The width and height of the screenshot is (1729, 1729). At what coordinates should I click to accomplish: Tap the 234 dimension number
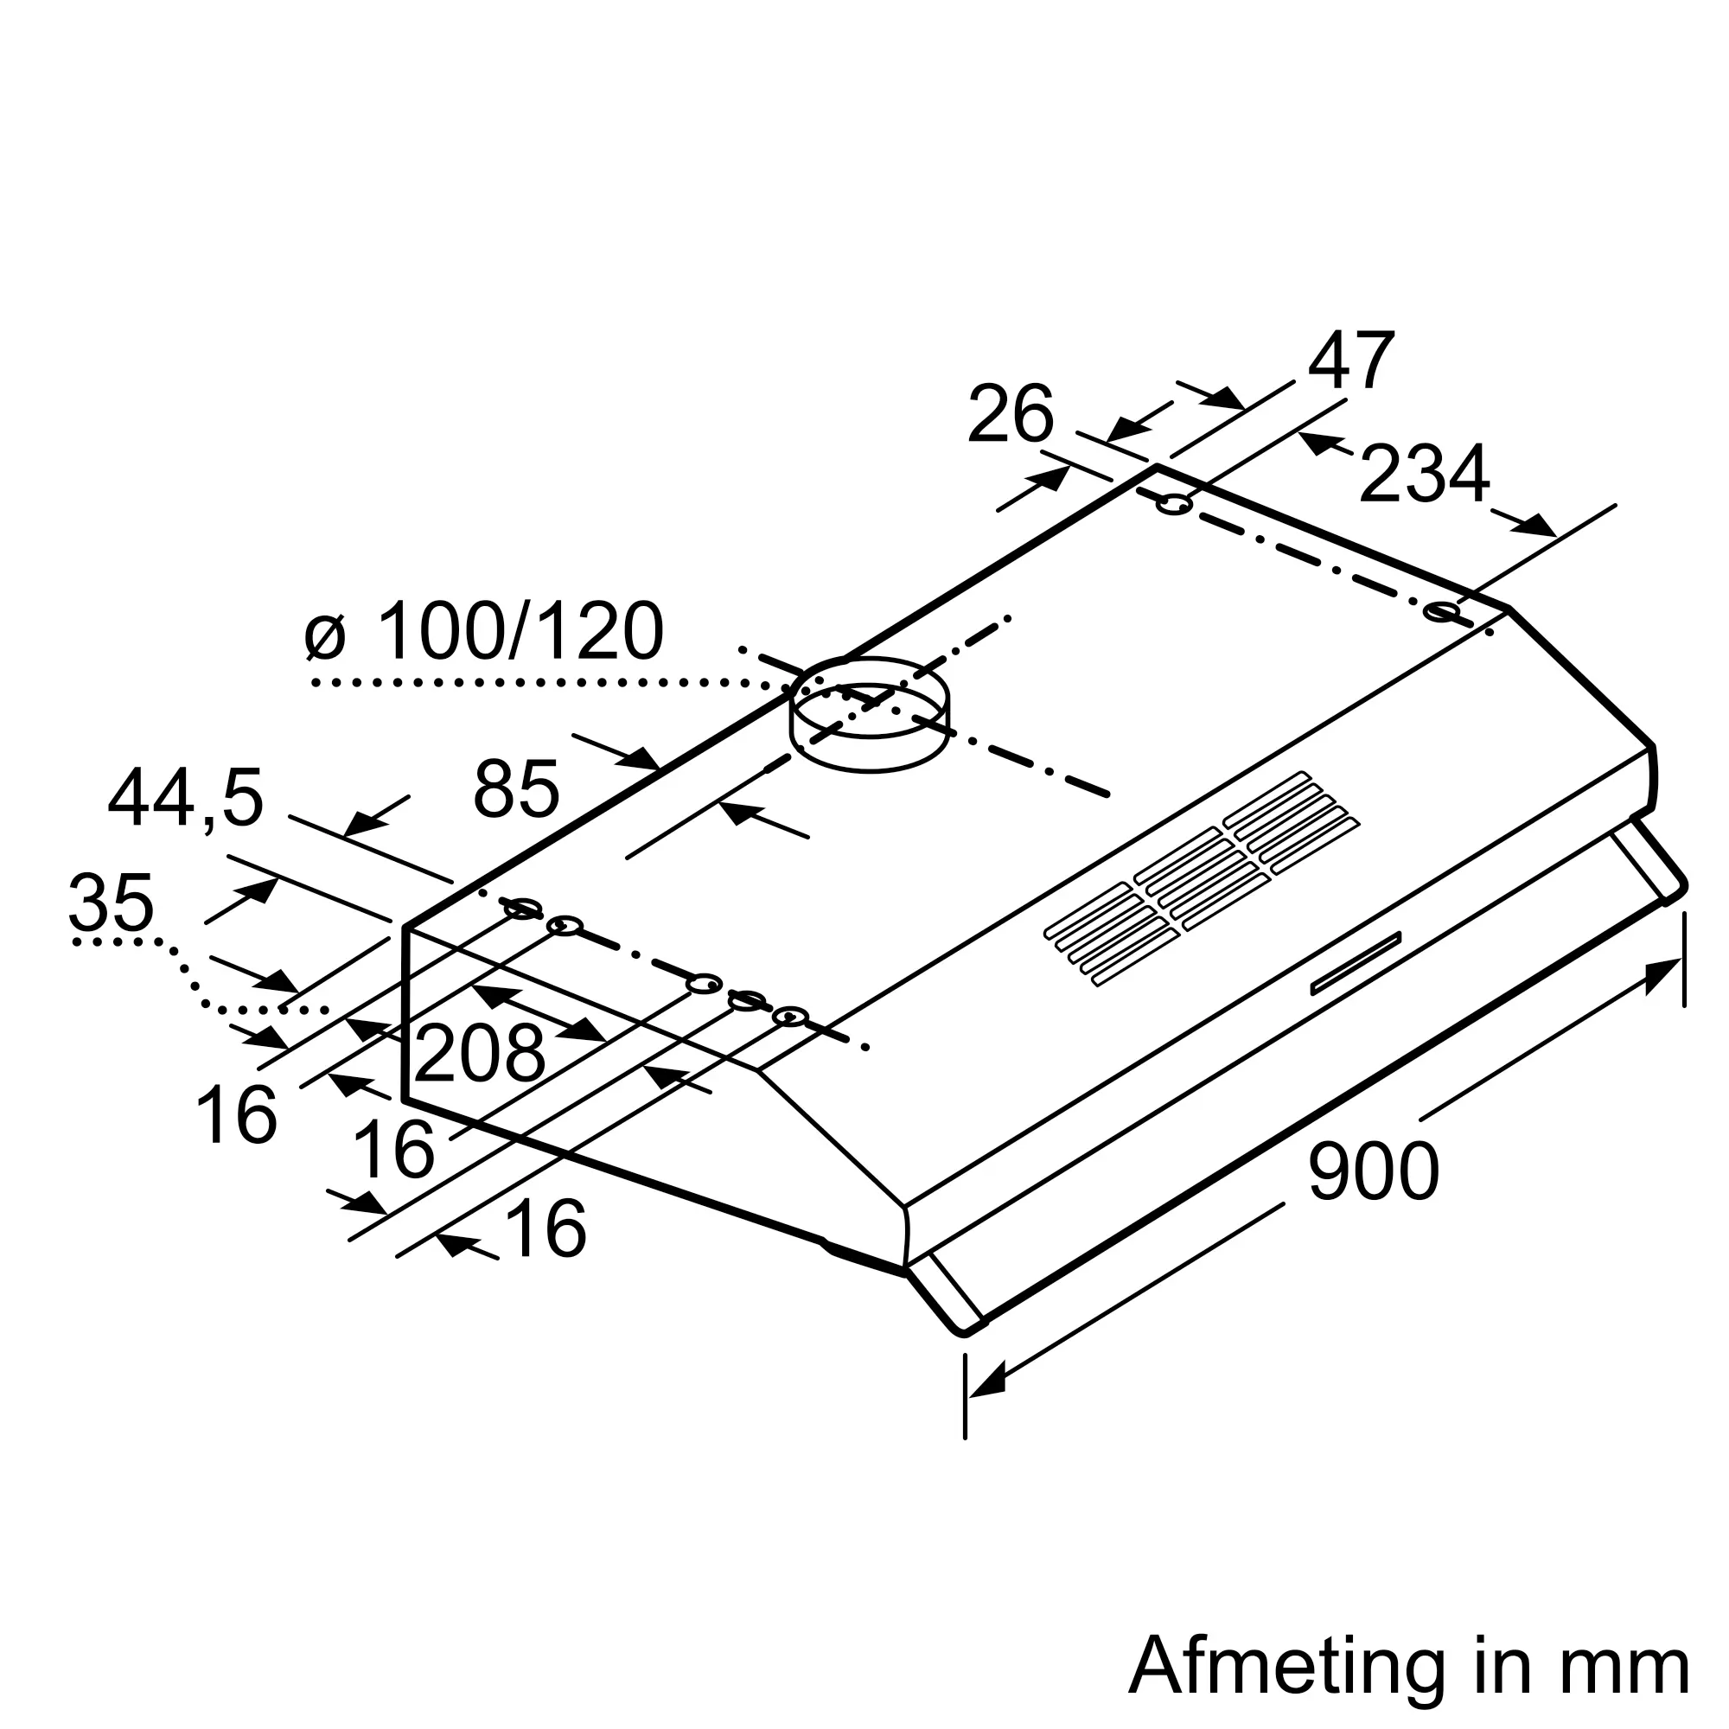1424,474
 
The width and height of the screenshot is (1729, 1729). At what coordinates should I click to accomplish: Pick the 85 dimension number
516,788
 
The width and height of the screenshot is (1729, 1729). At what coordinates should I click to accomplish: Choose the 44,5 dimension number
186,798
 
